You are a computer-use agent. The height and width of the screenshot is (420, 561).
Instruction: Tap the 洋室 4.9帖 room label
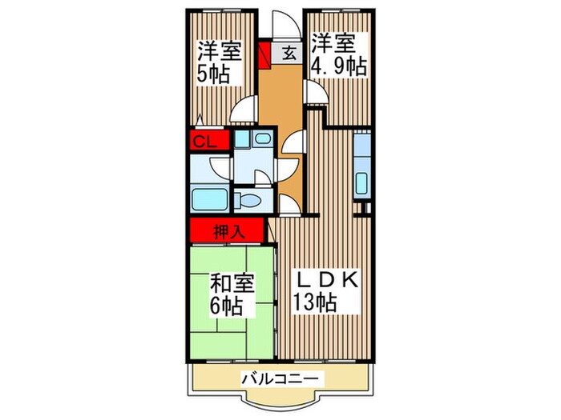(x=339, y=54)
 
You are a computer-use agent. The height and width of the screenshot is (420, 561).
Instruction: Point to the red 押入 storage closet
(x=228, y=232)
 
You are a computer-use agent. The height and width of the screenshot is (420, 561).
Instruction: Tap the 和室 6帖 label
(x=232, y=293)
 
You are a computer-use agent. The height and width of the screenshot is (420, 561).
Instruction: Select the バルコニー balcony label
(x=281, y=378)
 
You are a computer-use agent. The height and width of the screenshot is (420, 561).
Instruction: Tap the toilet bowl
(x=251, y=201)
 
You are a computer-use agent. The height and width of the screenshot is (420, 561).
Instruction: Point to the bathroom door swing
(x=219, y=169)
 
